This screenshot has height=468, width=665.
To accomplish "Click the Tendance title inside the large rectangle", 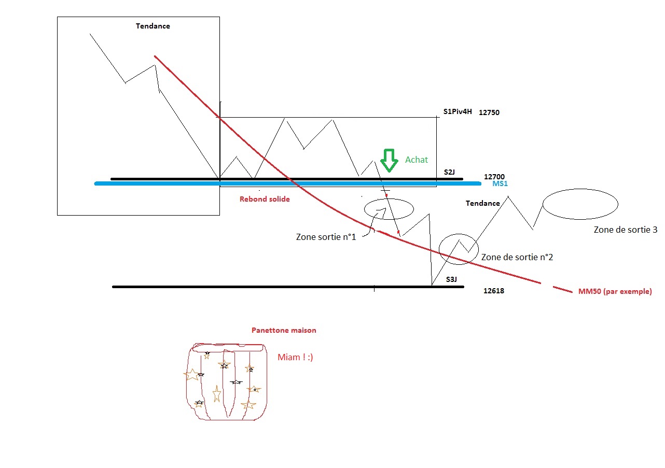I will click(153, 26).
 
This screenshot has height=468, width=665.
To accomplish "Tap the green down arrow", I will click(389, 160).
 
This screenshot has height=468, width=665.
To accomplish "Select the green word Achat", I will click(417, 160).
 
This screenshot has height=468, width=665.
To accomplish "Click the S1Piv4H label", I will click(458, 111).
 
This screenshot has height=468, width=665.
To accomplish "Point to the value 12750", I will click(489, 112).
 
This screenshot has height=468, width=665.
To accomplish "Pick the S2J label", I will click(450, 172).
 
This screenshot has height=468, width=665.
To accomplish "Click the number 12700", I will click(494, 177).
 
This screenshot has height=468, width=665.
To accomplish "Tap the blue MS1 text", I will click(500, 184).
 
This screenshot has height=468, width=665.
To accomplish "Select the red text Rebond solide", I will click(265, 199).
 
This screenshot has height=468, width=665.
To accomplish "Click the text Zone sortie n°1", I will click(326, 237).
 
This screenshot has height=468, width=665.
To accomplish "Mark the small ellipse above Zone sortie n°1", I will click(389, 209).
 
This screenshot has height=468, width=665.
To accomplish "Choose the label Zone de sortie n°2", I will click(517, 257).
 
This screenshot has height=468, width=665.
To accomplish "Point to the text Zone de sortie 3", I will click(626, 229).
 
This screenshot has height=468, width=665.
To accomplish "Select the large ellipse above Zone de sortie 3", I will click(580, 204).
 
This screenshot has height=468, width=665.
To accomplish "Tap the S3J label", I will click(451, 279).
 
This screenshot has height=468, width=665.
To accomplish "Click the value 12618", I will click(493, 291).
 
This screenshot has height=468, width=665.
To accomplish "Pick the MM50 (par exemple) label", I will click(615, 291).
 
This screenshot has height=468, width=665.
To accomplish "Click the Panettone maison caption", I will click(283, 330).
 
